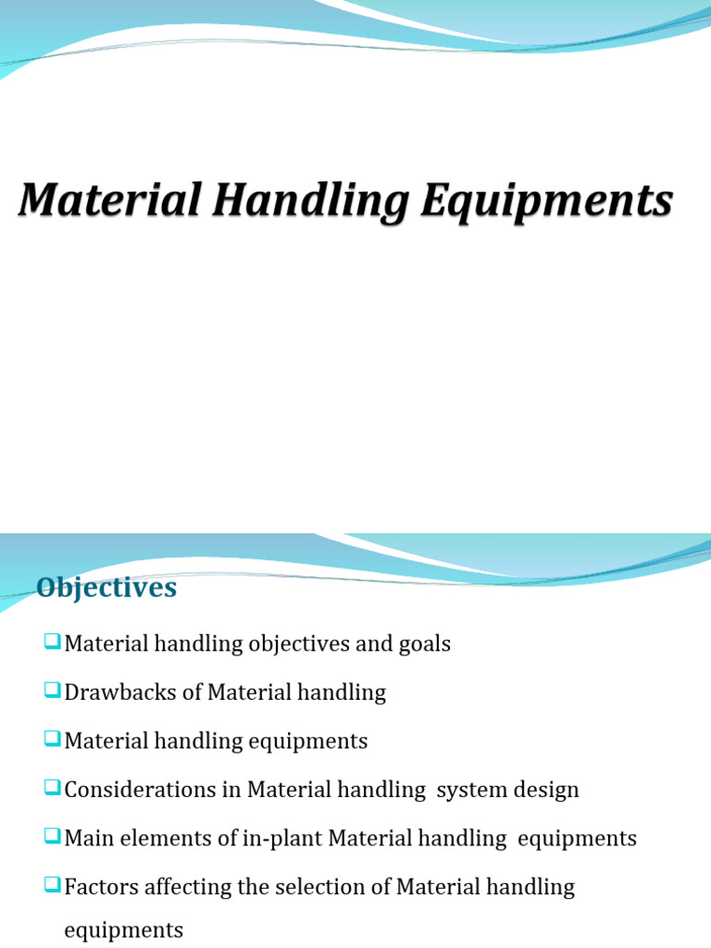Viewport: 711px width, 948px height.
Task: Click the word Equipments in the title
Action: (x=546, y=203)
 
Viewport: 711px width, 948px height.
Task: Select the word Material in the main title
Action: (x=110, y=201)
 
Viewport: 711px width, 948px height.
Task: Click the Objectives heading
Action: (x=106, y=588)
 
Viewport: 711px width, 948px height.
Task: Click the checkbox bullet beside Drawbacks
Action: (x=51, y=691)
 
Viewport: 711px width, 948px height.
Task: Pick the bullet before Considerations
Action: (x=51, y=789)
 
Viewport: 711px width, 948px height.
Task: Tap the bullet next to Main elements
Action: (x=51, y=838)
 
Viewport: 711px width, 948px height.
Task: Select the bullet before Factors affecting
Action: (x=51, y=886)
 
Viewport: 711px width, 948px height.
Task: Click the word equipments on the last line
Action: (x=123, y=929)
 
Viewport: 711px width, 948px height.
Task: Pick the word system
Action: (x=468, y=791)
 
